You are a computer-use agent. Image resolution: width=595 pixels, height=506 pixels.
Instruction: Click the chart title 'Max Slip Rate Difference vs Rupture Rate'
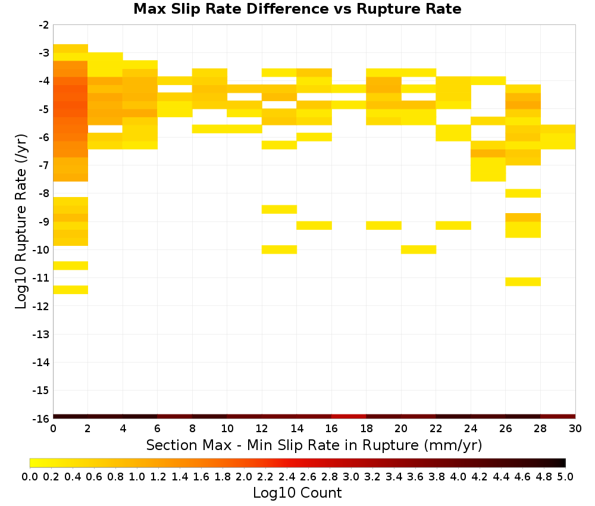click(x=297, y=9)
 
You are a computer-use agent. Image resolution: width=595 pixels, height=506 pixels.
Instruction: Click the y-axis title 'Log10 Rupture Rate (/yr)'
click(x=21, y=221)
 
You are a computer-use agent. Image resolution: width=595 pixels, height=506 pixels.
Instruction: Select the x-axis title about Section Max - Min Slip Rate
click(x=314, y=445)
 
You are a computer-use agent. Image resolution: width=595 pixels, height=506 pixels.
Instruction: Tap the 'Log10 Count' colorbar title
click(x=297, y=493)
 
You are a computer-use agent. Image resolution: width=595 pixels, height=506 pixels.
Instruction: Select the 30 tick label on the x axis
click(x=575, y=429)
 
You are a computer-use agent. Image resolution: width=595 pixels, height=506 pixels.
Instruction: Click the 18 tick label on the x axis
click(x=366, y=429)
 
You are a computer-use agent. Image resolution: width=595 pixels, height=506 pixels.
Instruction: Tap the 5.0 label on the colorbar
click(x=565, y=476)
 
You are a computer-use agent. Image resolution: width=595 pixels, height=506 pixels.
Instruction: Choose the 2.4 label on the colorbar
click(x=287, y=476)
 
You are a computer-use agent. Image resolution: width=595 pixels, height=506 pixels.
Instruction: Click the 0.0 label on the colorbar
click(x=30, y=476)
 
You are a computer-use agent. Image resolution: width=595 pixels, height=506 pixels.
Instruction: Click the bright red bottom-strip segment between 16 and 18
click(x=349, y=417)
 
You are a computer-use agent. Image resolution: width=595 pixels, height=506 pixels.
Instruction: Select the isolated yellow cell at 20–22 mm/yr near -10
click(x=418, y=249)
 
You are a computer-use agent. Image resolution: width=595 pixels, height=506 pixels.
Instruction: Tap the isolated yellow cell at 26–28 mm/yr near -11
click(x=523, y=282)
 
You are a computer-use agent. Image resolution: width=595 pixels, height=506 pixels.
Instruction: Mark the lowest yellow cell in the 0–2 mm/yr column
click(x=71, y=290)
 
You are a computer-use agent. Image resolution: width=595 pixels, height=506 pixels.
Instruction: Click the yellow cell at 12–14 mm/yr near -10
click(x=279, y=249)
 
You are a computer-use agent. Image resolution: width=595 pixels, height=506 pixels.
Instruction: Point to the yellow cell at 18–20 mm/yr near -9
click(x=384, y=225)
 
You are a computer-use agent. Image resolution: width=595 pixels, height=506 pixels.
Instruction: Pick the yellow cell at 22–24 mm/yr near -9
click(x=453, y=225)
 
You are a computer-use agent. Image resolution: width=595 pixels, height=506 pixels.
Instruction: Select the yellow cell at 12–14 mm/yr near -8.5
click(x=279, y=209)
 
